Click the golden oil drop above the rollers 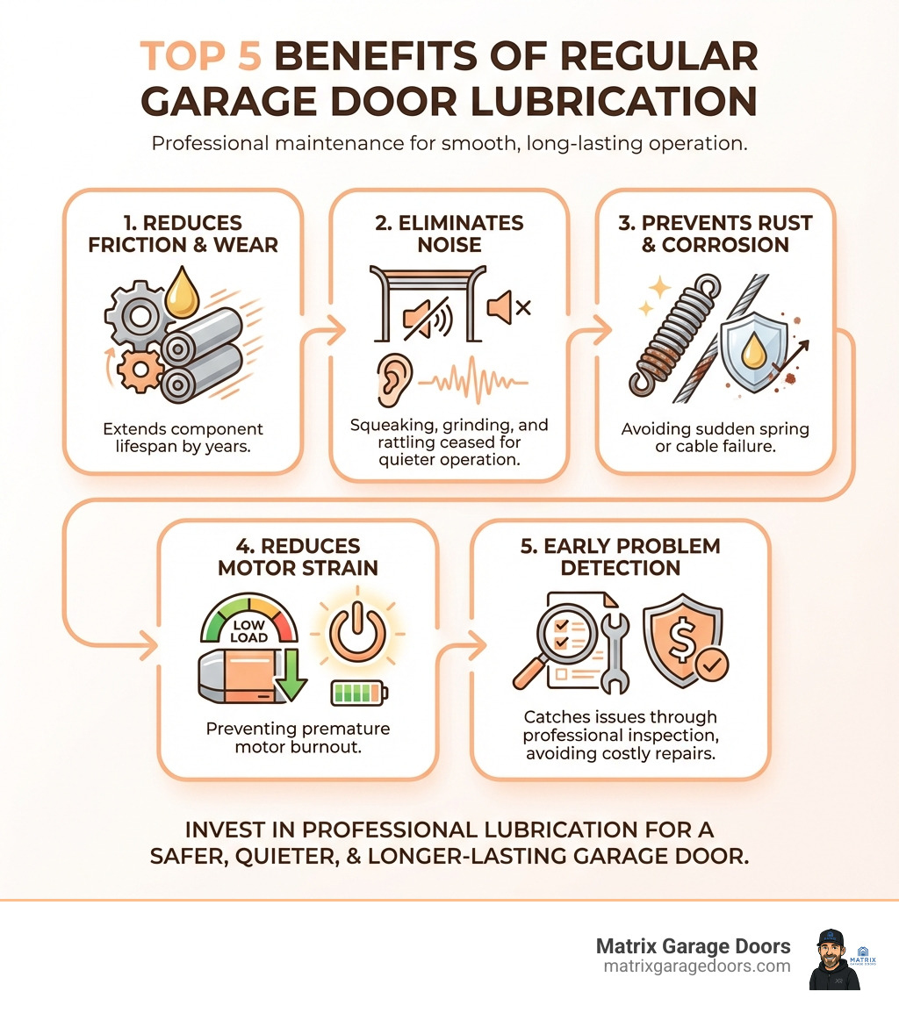tap(182, 293)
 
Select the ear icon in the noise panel tap(389, 379)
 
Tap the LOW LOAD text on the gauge tap(250, 631)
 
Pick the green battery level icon tap(358, 693)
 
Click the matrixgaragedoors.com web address tap(697, 966)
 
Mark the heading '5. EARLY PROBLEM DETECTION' tap(620, 557)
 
